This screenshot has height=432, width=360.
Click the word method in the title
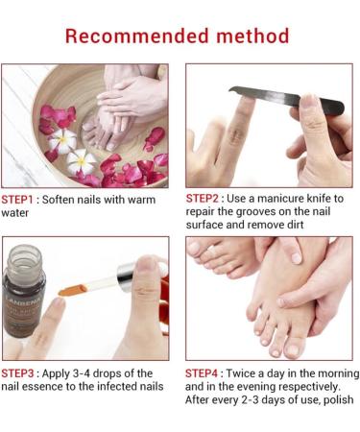253,36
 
